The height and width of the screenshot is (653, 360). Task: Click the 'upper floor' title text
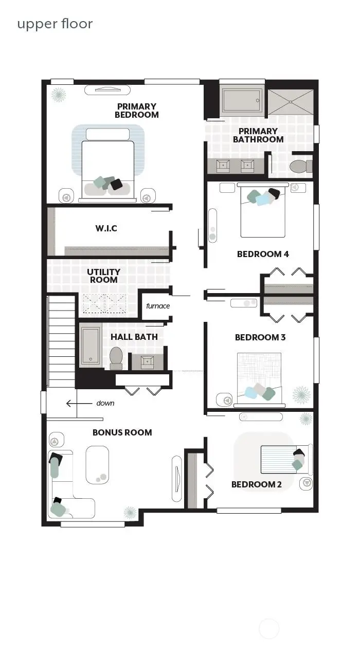point(55,24)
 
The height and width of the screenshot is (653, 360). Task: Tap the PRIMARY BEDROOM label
point(136,111)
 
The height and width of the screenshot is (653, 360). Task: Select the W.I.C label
point(106,228)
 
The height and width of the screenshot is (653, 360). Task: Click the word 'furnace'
point(158,306)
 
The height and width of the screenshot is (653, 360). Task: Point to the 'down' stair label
point(105,403)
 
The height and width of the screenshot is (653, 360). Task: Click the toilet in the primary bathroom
point(300,166)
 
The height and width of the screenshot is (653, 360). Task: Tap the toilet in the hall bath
point(116,357)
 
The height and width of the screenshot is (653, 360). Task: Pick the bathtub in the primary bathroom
point(242,102)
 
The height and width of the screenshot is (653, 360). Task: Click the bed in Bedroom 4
point(263,212)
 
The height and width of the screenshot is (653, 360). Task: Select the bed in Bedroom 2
point(284,459)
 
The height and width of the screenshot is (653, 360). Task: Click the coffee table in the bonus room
point(97,465)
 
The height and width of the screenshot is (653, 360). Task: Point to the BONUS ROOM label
point(122,432)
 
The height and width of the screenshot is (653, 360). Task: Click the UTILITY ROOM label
point(103,276)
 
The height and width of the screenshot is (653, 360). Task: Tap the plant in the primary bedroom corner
point(58,95)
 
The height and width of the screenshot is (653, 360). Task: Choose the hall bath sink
point(148,361)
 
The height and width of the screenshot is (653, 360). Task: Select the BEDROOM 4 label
point(263,254)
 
